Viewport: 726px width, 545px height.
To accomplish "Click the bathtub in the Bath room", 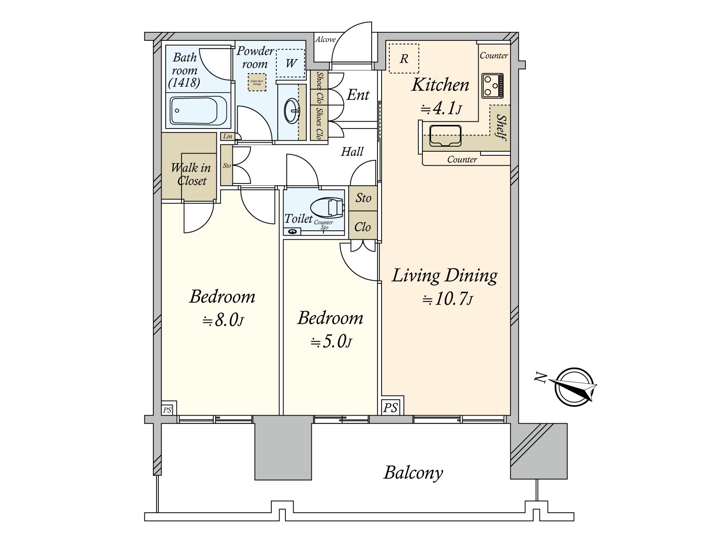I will [199, 110].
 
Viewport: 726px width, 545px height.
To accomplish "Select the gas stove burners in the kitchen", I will [492, 85].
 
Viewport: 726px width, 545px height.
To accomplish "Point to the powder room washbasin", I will [292, 110].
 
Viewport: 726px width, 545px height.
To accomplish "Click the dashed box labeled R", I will [404, 58].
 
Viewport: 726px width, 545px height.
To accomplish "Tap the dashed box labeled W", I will [291, 63].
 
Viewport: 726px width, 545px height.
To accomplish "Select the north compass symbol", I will [574, 387].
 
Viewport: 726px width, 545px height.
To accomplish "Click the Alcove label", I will [325, 40].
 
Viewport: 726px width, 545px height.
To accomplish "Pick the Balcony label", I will [413, 473].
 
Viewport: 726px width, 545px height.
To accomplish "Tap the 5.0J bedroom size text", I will [331, 342].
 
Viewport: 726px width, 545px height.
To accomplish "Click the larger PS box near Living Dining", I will [390, 407].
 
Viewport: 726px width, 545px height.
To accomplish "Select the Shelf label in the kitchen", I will [500, 127].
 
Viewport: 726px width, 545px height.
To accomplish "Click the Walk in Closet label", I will [191, 174].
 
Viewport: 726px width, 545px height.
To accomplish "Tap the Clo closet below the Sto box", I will [363, 227].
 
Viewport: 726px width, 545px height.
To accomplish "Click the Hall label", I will [352, 152].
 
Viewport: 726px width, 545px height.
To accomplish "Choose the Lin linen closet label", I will [227, 136].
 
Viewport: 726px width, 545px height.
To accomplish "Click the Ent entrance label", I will [358, 95].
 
